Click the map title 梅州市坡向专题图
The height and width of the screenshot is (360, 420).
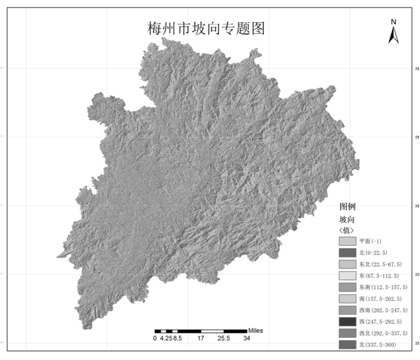(206, 28)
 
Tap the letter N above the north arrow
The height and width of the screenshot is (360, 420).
(393, 22)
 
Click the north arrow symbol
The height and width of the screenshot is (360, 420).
(393, 35)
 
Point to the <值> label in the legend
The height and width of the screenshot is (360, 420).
(347, 230)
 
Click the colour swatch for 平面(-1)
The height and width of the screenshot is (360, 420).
(347, 241)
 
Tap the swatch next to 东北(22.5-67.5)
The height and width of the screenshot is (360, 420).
(347, 264)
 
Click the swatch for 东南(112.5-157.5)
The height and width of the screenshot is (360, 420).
(347, 287)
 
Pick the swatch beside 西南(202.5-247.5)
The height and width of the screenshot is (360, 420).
(347, 310)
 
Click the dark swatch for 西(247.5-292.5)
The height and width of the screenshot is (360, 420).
(347, 321)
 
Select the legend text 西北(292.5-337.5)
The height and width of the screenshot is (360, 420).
(383, 333)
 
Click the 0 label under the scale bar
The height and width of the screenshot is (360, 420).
(155, 338)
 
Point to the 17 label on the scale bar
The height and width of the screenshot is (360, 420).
(201, 338)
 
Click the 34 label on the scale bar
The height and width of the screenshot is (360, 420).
(246, 338)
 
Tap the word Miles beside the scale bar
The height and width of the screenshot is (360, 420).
(255, 331)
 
